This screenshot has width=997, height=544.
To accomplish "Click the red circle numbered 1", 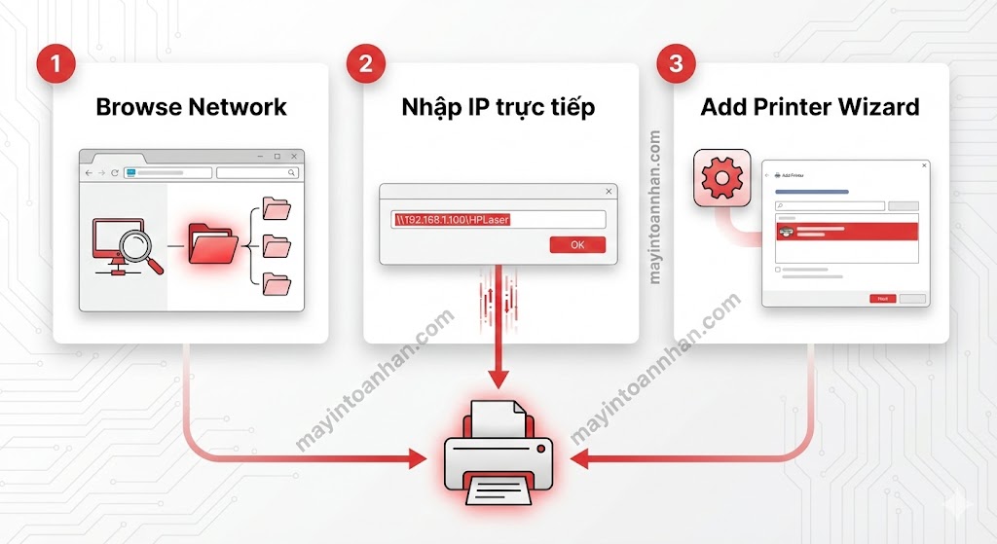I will coord(55,65).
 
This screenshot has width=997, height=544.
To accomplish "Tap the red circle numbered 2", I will coord(366,65).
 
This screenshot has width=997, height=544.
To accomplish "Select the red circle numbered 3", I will coord(677,65).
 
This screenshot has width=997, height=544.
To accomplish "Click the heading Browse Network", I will coord(191,107).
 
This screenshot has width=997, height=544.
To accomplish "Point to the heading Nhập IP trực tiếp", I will coord(498,107).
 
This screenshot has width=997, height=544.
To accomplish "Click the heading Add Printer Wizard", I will coord(810,107).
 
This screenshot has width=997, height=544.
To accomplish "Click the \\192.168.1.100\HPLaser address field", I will coord(498,219).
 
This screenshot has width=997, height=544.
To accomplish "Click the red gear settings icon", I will coord(721,177).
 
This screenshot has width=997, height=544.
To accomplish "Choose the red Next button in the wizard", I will coord(882,298).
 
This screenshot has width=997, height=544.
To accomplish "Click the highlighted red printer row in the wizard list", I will coord(846,232).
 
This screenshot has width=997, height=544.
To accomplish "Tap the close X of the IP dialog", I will coord(609,192).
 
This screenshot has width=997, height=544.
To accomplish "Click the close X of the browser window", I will coord(293,156).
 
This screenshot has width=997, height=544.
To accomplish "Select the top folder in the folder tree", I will coord(277,209).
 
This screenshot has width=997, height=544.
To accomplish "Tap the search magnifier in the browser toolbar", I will coord(292,172).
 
